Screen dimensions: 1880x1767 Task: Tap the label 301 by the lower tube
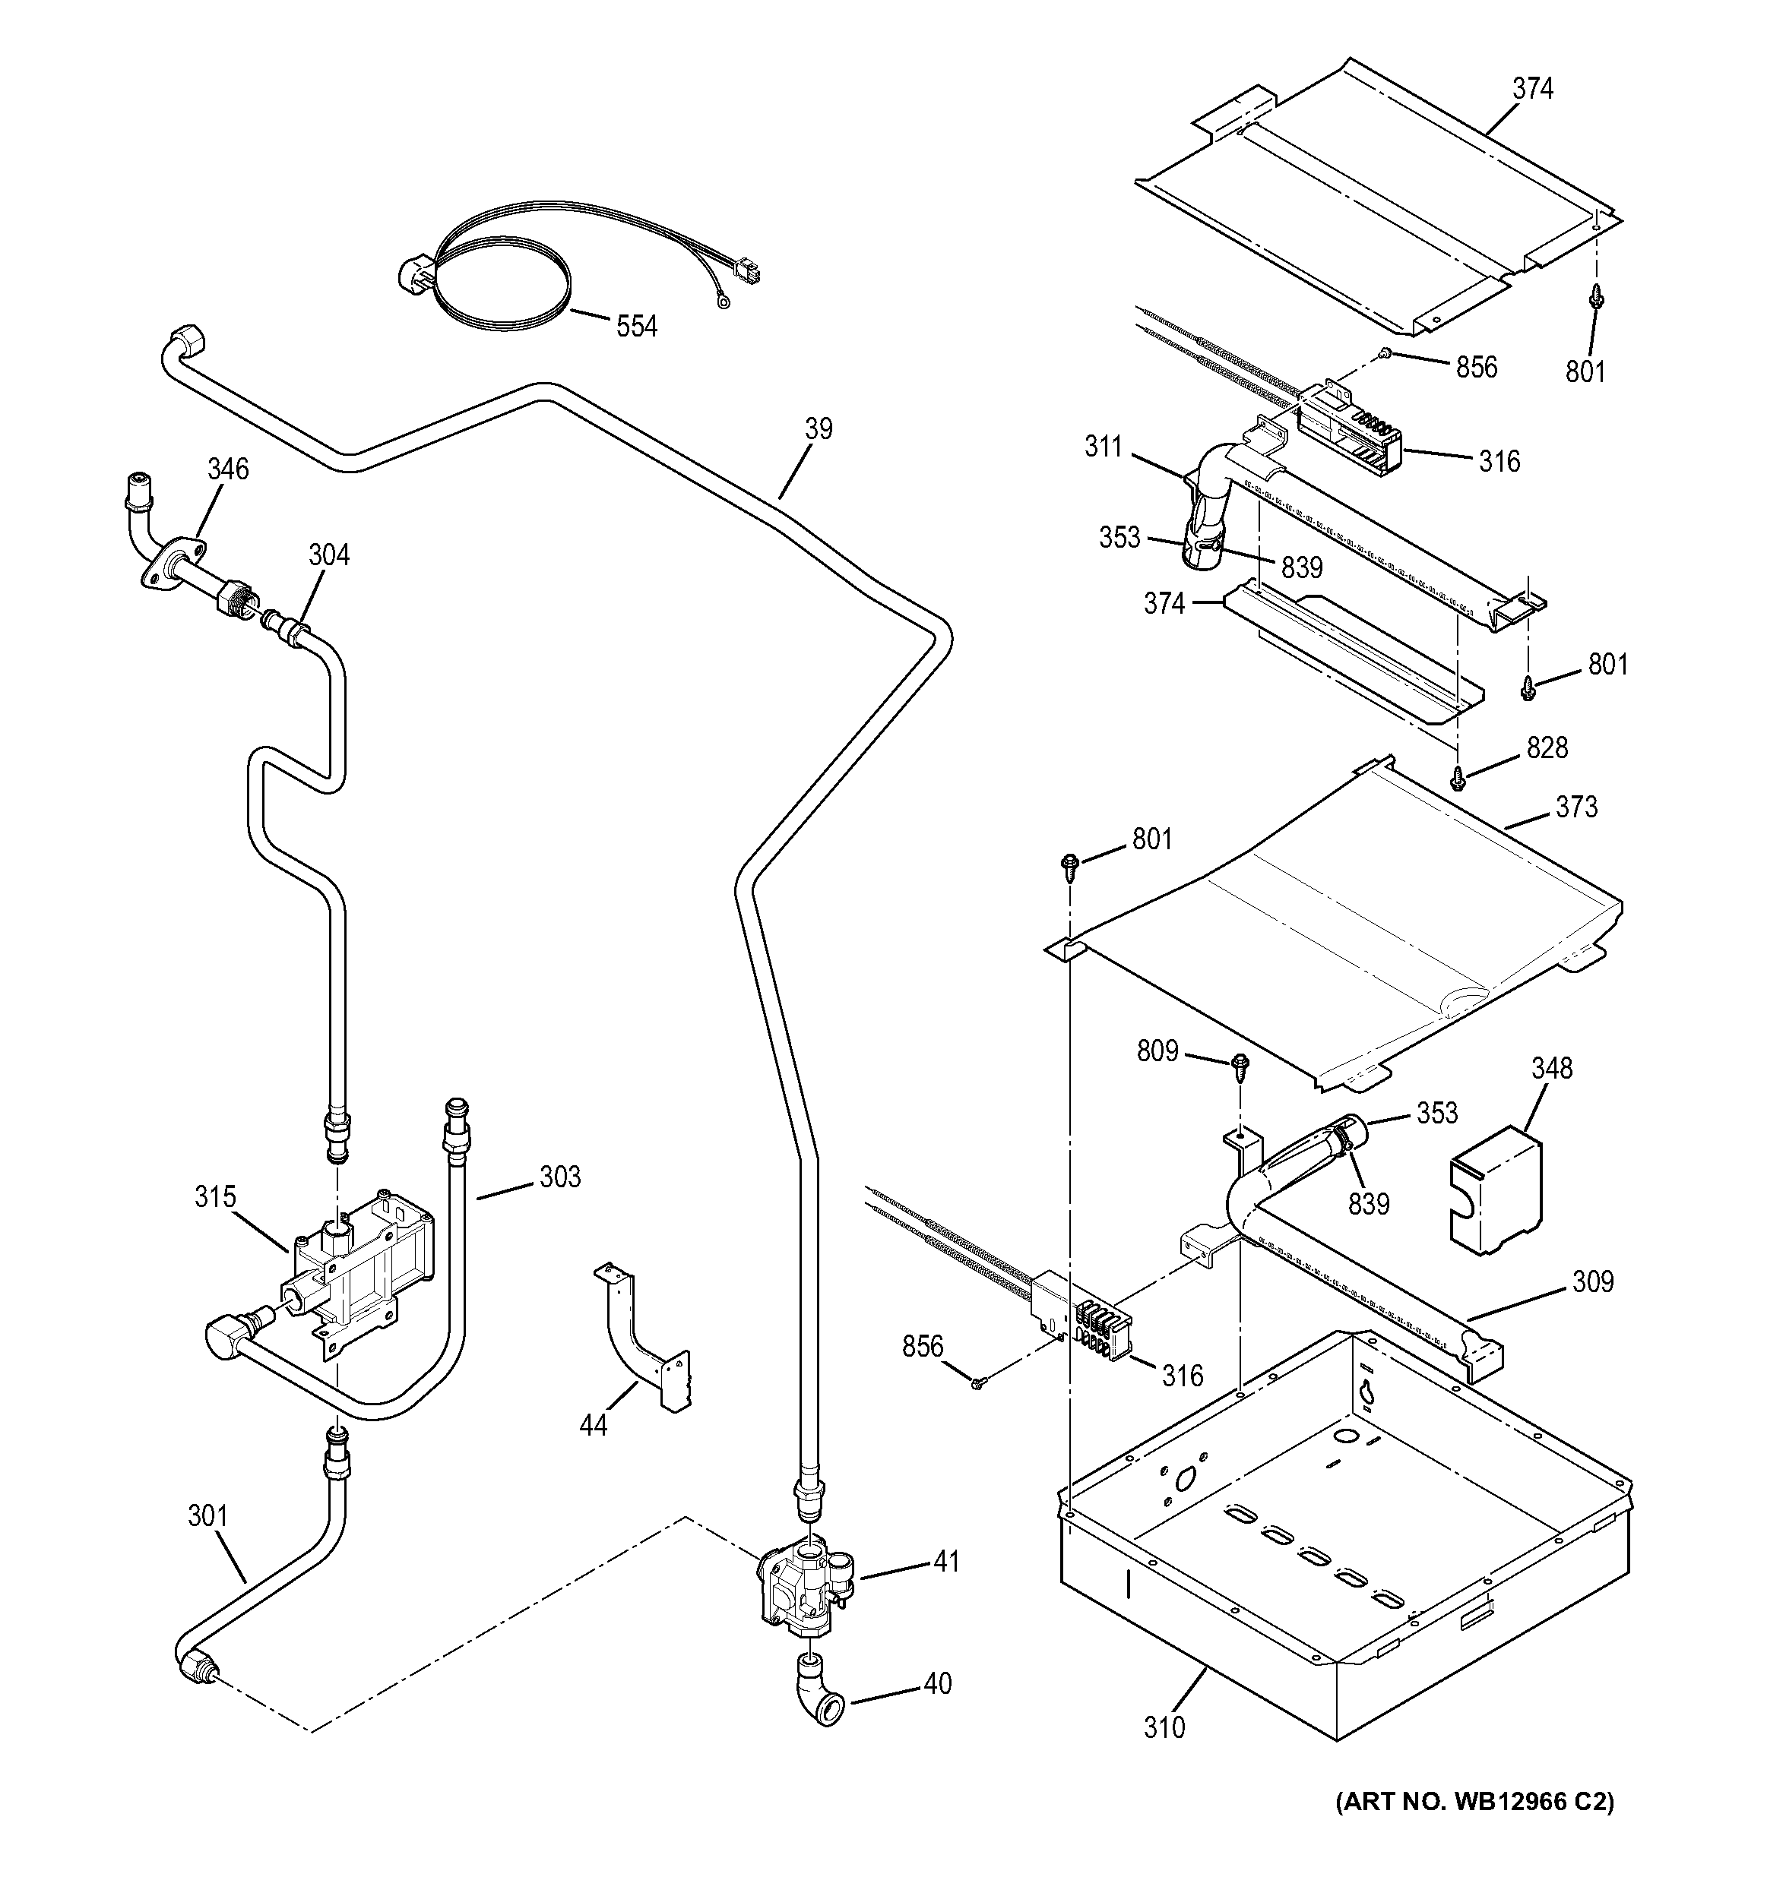point(207,1516)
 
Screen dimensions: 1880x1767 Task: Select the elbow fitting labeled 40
point(817,1702)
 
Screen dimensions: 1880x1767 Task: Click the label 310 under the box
point(1164,1728)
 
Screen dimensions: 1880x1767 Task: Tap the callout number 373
point(1576,807)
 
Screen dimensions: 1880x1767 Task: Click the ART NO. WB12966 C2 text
point(1476,1828)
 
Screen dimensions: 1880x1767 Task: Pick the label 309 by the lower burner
point(1593,1282)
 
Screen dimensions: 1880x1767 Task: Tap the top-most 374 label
point(1532,89)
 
